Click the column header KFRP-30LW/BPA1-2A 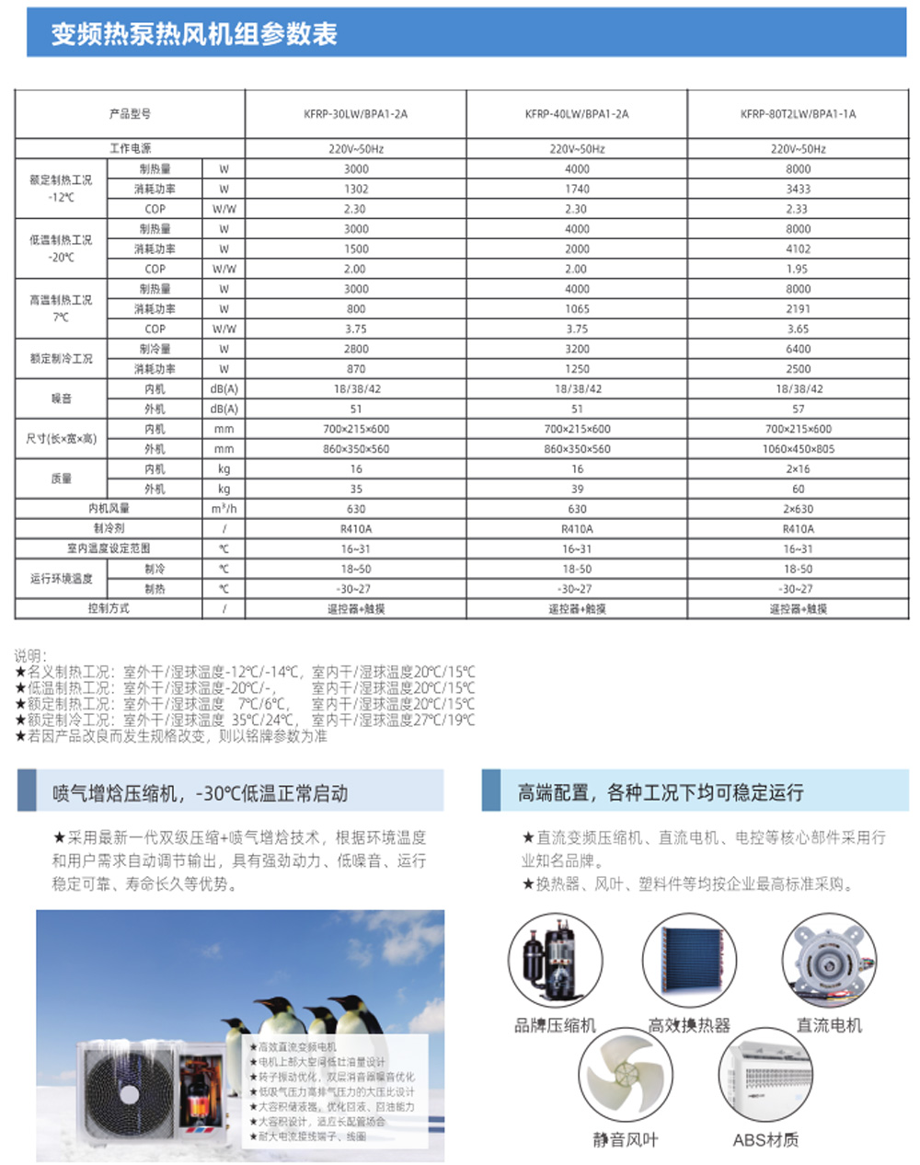[355, 114]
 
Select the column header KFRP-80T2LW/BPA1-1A [798, 114]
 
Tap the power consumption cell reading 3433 [798, 189]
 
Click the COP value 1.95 [798, 269]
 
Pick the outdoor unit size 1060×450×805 [798, 449]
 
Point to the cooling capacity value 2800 [355, 349]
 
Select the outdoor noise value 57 [798, 409]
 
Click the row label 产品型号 [130, 114]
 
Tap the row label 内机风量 [109, 509]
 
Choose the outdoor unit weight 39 [577, 489]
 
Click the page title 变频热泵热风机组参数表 [194, 34]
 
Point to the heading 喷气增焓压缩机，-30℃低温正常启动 [201, 793]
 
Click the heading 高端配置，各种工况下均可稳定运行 [660, 792]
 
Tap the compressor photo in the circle [556, 959]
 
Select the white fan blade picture [625, 1077]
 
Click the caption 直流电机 [829, 1025]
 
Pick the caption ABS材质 [765, 1140]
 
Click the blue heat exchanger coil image [690, 959]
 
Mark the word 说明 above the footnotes [29, 656]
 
